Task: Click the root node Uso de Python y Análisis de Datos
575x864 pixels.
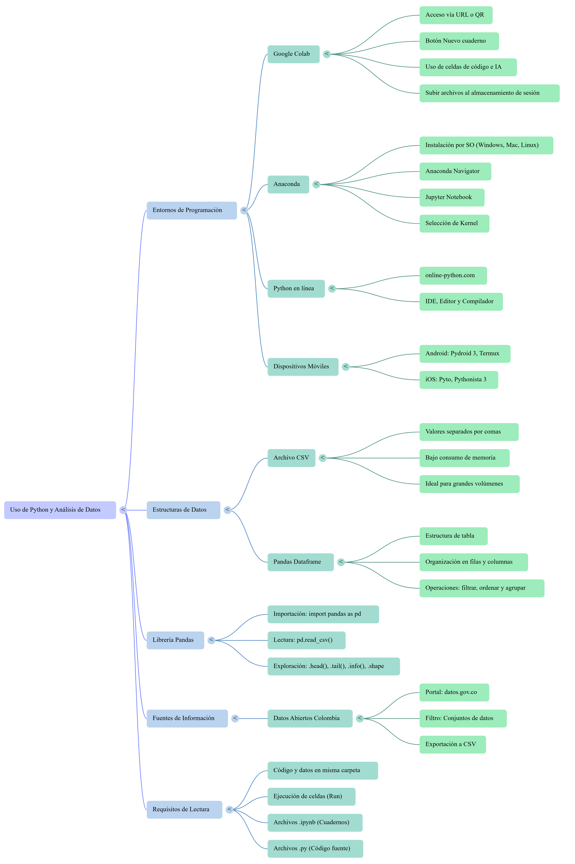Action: (60, 510)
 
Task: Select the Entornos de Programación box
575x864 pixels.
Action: (191, 210)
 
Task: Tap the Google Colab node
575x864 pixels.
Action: (293, 54)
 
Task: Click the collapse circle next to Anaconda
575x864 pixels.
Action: (316, 184)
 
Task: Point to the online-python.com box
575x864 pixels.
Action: (453, 276)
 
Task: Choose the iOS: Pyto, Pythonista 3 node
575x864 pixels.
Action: (458, 380)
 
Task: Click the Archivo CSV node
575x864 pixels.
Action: (291, 458)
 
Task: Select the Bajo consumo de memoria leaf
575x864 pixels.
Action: (464, 458)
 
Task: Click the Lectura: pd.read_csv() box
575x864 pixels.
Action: (306, 640)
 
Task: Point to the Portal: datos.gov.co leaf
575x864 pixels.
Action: (454, 692)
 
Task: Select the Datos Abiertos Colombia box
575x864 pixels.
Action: (310, 718)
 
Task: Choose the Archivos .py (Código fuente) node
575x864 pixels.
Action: (315, 849)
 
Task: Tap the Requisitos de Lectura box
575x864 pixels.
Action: (184, 810)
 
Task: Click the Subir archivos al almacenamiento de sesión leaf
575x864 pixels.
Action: (489, 93)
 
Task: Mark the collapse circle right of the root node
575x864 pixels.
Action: (123, 510)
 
